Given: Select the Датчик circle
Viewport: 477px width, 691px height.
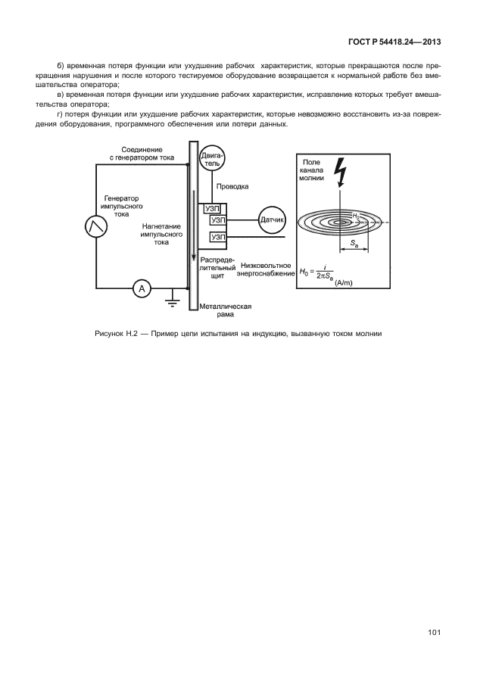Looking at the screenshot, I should pos(272,220).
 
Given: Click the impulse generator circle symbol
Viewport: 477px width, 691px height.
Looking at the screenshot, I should pos(96,225).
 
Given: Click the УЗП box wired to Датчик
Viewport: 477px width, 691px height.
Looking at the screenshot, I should pos(218,220).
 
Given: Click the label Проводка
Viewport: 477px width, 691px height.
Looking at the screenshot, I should pos(232,185).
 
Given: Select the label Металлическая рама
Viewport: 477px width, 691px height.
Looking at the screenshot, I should pos(225,310).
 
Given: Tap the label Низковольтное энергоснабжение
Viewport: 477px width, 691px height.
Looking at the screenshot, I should pos(267,270).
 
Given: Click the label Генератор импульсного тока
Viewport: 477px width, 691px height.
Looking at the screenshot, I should pos(122,206).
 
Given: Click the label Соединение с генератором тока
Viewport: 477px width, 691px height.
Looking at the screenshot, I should pos(142,153).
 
